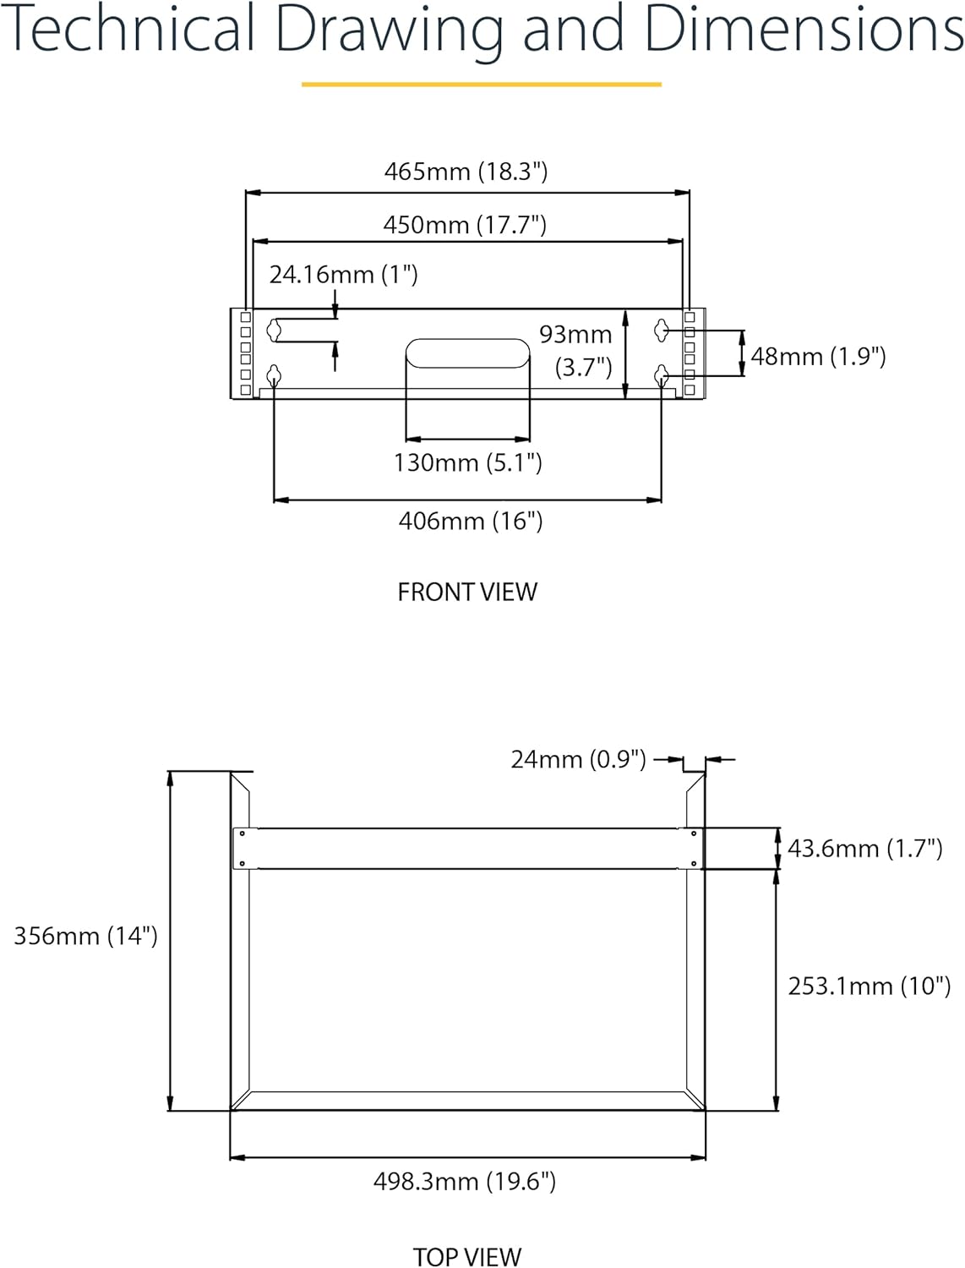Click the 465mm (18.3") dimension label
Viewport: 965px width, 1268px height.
tap(466, 172)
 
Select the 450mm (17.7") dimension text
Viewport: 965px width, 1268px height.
tap(465, 225)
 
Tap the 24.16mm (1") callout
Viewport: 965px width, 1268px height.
tap(343, 275)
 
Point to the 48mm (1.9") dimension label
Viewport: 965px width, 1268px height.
tap(818, 356)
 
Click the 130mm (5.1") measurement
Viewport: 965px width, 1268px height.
tap(467, 462)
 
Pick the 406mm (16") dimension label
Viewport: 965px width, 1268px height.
tap(471, 521)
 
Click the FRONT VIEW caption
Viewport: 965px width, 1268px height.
tap(467, 592)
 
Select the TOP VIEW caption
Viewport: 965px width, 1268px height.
tap(467, 1257)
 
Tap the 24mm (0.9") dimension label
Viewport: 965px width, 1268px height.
tap(578, 759)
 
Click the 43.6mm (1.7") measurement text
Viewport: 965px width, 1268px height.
tap(864, 848)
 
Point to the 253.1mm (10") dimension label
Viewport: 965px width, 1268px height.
tap(869, 986)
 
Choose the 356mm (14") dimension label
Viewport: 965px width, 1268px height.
tap(85, 936)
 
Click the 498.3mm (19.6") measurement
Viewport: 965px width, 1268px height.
tap(465, 1181)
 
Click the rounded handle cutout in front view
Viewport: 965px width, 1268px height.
tap(467, 353)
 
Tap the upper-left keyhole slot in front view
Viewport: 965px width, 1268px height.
tap(274, 330)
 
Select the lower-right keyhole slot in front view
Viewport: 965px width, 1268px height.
tap(662, 374)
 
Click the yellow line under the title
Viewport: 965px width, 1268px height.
tap(482, 85)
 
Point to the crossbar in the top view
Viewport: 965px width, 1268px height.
tap(467, 848)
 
